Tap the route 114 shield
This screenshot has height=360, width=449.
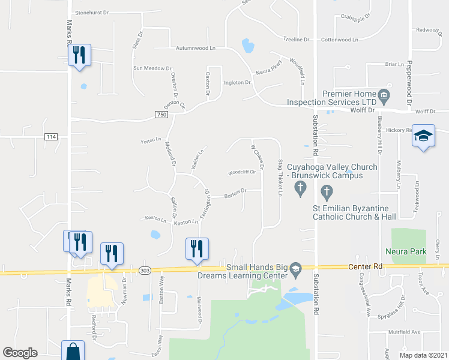pyautogui.click(x=50, y=137)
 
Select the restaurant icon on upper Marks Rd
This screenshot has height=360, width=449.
pyautogui.click(x=79, y=55)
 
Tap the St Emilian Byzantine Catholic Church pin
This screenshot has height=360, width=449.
pyautogui.click(x=327, y=193)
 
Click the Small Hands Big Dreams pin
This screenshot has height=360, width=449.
pyautogui.click(x=295, y=271)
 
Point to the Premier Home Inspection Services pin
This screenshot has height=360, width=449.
pyautogui.click(x=384, y=95)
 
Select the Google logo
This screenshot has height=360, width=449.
pyautogui.click(x=20, y=353)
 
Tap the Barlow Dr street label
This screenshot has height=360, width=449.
pyautogui.click(x=235, y=193)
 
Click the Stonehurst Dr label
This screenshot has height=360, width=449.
pyautogui.click(x=92, y=12)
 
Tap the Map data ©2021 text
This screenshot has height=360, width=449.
pyautogui.click(x=423, y=355)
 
